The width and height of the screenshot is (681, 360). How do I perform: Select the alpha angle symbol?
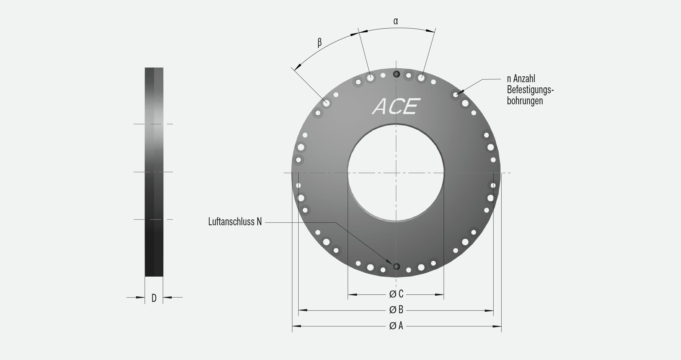(x=396, y=21)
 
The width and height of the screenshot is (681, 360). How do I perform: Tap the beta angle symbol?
(x=320, y=42)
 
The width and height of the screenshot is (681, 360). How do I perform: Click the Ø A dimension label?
(x=396, y=326)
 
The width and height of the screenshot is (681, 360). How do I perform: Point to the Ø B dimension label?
(x=396, y=310)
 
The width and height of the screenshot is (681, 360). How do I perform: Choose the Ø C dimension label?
(x=396, y=294)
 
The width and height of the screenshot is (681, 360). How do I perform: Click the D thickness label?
(x=154, y=298)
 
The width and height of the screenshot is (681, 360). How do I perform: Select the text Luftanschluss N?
(x=235, y=222)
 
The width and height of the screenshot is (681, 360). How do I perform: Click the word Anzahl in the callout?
(x=524, y=79)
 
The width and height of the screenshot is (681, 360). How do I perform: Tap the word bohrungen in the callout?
(x=525, y=101)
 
